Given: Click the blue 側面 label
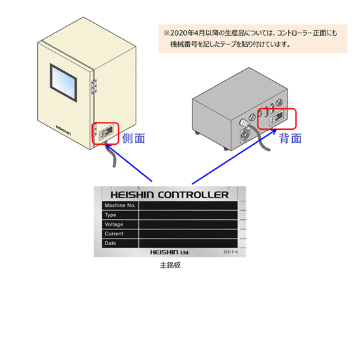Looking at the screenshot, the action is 134,138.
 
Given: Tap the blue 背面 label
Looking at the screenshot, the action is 290,138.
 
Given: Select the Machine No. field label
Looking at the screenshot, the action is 120,205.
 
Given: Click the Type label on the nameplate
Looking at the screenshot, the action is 110,215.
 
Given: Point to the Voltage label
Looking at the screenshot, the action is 113,224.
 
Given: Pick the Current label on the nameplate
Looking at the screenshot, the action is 114,233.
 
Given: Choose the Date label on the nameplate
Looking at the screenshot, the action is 110,243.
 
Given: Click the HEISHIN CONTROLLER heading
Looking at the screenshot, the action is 170,195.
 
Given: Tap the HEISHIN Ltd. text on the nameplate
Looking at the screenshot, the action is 170,252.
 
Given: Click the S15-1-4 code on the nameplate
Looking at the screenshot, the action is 230,252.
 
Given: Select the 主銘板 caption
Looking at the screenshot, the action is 170,265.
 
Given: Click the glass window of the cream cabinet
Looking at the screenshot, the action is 63,83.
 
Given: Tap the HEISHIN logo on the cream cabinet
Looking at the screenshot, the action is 63,130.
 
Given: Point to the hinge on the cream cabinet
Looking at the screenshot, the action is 94,86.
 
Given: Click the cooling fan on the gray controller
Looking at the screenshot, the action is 245,135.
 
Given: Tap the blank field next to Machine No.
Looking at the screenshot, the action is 188,205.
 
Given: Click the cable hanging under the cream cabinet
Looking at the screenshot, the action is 112,156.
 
